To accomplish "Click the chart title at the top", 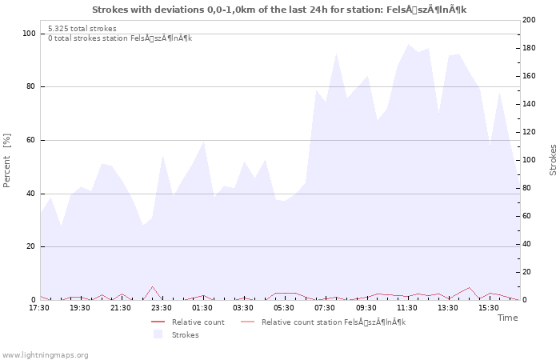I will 279,10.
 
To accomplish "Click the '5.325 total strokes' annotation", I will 82,28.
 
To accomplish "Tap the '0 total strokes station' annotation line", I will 120,38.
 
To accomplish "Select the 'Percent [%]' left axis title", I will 7,160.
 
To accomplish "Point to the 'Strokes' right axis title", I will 553,160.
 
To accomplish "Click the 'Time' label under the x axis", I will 507,318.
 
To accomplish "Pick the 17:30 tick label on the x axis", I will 39,308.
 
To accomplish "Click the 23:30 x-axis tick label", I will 162,308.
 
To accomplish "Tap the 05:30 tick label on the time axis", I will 285,308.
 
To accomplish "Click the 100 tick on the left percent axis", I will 29,34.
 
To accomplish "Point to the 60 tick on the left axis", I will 30,140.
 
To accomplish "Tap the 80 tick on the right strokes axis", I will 529,188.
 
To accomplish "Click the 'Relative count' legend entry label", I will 198,322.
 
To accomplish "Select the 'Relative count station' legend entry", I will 334,322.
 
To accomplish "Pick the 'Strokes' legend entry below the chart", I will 185,334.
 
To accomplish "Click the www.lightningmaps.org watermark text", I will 45,354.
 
